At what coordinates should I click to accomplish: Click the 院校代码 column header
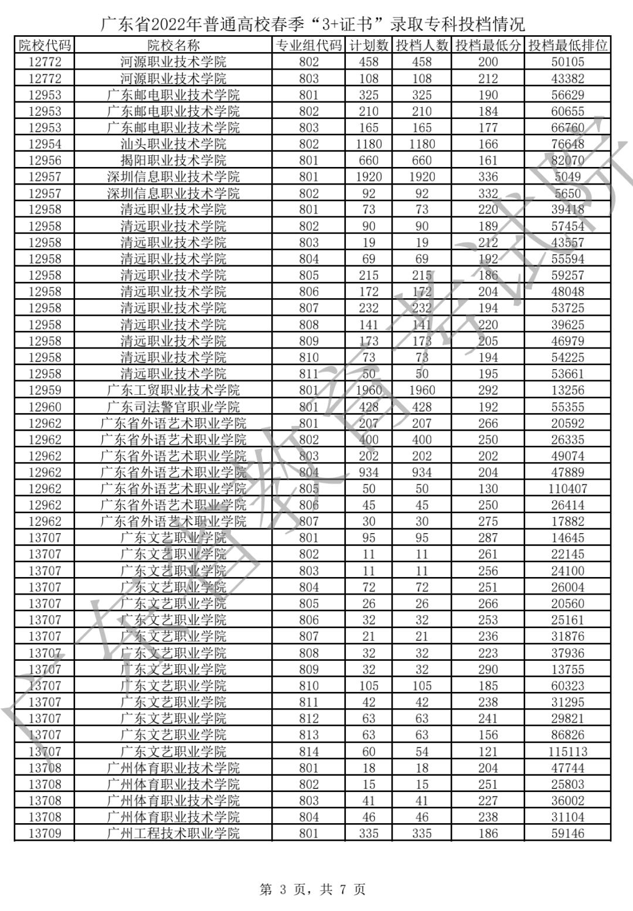[45, 46]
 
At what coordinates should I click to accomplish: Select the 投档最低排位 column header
[567, 46]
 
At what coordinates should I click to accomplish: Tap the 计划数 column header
[369, 46]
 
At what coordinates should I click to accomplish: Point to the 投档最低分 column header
[488, 46]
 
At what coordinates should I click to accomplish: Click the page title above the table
[313, 25]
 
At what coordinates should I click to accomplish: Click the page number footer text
[312, 889]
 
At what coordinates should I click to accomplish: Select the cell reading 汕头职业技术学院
[173, 144]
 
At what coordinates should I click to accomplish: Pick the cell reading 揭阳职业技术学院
[173, 161]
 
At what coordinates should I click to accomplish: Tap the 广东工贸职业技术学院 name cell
[173, 390]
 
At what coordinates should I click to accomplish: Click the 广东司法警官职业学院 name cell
[173, 407]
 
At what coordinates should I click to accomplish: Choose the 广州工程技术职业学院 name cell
[173, 833]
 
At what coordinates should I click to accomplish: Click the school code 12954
[45, 144]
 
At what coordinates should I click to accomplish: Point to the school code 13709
[45, 833]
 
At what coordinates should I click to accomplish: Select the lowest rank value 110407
[567, 489]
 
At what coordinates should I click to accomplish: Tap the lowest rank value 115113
[567, 752]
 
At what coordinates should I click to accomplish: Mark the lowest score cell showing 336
[488, 177]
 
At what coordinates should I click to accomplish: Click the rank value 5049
[567, 177]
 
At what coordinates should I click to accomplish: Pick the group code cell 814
[309, 752]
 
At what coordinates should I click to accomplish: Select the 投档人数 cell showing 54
[421, 752]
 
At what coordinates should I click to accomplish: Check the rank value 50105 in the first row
[567, 62]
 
